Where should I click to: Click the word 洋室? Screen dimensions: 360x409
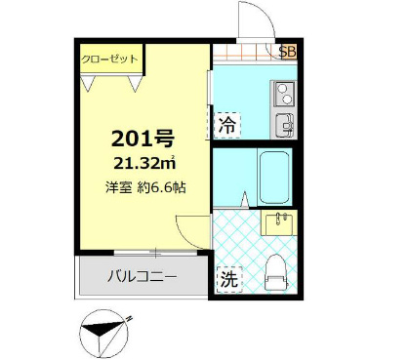tap(119, 186)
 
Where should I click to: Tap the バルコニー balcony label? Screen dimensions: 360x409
tap(142, 277)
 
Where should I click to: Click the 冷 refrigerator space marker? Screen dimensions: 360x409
tap(226, 125)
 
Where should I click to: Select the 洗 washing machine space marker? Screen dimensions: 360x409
tap(226, 277)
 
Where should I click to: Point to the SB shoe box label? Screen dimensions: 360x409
tap(288, 51)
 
